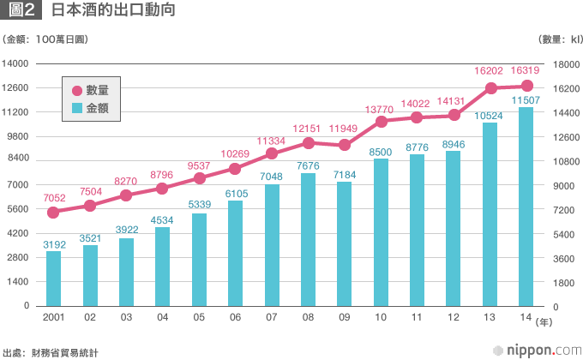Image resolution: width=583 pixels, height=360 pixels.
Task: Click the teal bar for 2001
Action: (x=53, y=279)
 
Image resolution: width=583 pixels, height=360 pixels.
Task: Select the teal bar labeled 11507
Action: (x=526, y=207)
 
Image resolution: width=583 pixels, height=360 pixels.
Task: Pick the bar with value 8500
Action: (x=381, y=232)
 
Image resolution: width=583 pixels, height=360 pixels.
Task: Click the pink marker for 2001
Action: (x=53, y=213)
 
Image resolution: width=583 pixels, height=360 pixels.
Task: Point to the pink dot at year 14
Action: (x=527, y=86)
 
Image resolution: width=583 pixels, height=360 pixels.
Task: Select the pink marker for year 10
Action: (x=381, y=122)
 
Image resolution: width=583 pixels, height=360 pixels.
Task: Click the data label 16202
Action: (x=490, y=71)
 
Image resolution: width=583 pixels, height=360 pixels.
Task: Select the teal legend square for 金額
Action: (x=77, y=108)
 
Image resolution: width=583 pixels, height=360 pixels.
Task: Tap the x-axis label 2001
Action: (x=54, y=319)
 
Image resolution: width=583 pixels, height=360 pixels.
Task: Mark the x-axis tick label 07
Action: (x=272, y=319)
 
